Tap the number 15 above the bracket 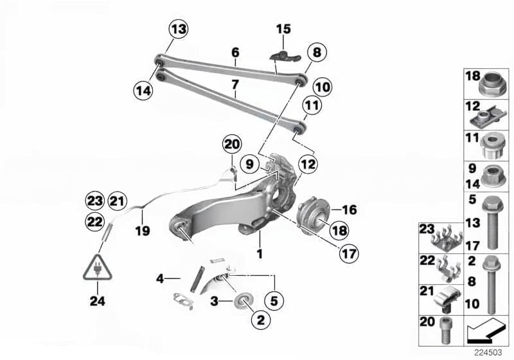tap(283, 29)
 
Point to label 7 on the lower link tap(235, 84)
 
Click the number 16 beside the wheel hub tap(350, 210)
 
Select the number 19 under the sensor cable tap(142, 230)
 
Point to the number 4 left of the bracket tap(159, 279)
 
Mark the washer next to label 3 tap(245, 301)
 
